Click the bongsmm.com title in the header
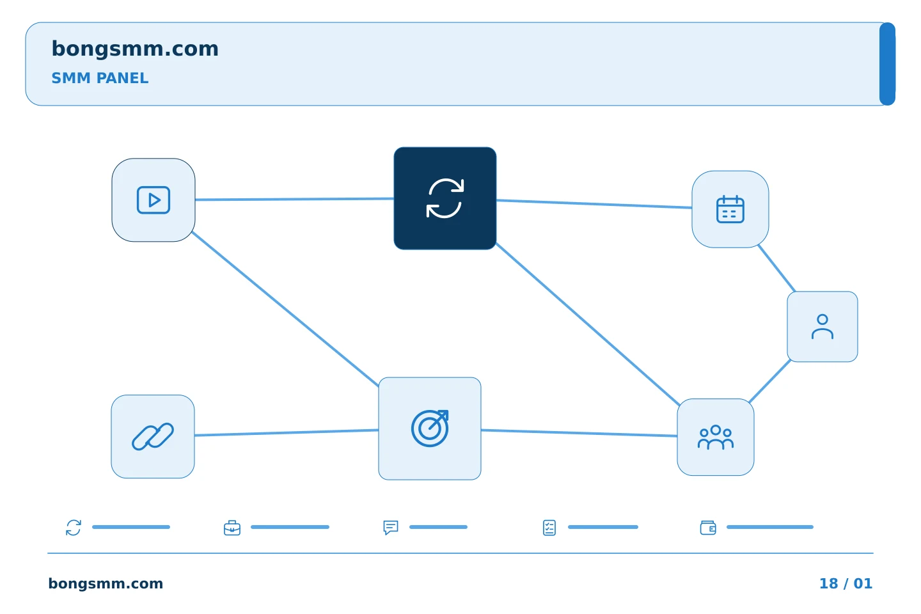(135, 49)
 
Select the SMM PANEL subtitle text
(100, 78)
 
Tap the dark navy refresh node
(445, 198)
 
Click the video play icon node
(153, 200)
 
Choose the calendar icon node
(730, 209)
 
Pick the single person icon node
(823, 327)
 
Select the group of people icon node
(716, 437)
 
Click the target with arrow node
(430, 429)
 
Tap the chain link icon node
(153, 436)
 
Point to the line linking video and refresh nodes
(294, 199)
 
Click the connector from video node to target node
(285, 310)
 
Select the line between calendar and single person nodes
(776, 268)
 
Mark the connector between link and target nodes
(286, 432)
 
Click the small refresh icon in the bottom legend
(74, 528)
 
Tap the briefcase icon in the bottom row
(232, 528)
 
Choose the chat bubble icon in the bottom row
(391, 528)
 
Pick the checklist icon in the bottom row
(549, 528)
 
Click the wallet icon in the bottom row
(708, 528)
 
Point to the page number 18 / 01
(846, 583)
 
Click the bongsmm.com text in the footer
(106, 583)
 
